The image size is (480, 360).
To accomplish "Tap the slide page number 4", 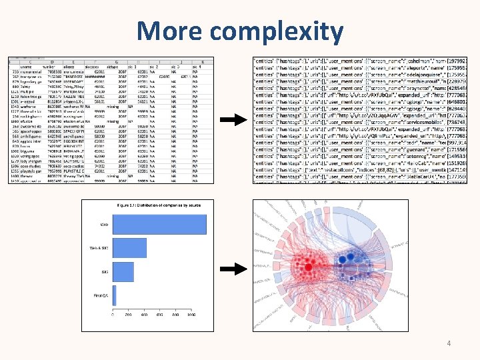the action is [x=449, y=343].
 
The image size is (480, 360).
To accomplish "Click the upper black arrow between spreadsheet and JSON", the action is [x=234, y=121].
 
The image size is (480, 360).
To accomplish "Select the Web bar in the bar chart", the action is [x=160, y=225].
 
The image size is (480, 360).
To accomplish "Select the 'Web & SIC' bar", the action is [x=129, y=248].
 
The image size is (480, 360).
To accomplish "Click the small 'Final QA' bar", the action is [x=115, y=295].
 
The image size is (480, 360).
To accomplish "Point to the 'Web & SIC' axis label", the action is [x=99, y=248].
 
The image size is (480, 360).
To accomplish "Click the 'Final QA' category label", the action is [x=101, y=295].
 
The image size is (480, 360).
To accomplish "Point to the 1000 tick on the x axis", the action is [x=191, y=315].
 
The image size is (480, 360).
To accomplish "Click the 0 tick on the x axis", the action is [x=113, y=315].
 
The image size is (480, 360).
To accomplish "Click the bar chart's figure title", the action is [x=153, y=205].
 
